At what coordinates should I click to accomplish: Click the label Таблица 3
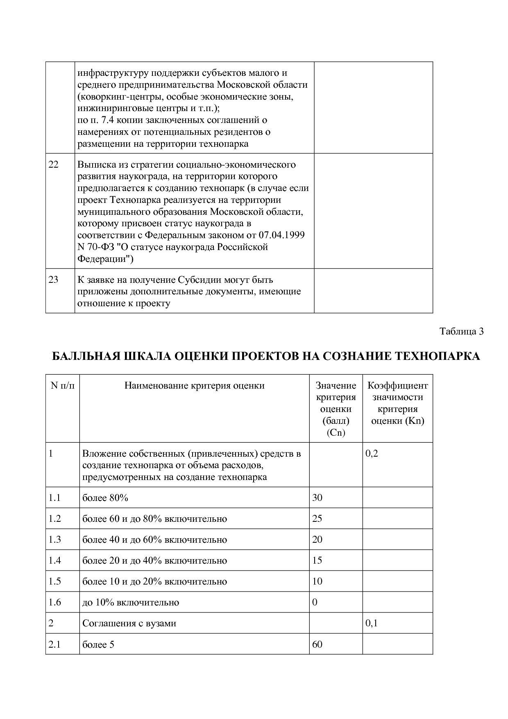pos(461,331)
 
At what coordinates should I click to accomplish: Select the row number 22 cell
pos(53,165)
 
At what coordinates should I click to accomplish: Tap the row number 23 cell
pos(53,280)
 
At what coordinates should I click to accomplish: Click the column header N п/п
pos(62,385)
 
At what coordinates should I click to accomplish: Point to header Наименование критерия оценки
pos(194,385)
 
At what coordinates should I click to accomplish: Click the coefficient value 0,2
pos(372,453)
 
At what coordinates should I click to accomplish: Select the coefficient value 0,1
pos(372,623)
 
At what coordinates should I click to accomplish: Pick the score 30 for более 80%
pos(317,498)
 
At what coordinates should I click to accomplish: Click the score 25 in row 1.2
pos(317,519)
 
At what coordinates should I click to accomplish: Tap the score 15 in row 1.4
pos(317,560)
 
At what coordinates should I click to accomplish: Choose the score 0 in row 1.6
pos(315,602)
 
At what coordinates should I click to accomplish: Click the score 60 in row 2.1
pos(317,644)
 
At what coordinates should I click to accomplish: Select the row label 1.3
pos(54,539)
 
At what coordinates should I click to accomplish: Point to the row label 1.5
pos(54,581)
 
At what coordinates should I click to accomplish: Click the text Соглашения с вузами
pos(129,623)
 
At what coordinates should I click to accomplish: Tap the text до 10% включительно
pos(131,602)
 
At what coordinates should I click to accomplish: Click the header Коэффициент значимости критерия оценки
pos(397,403)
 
